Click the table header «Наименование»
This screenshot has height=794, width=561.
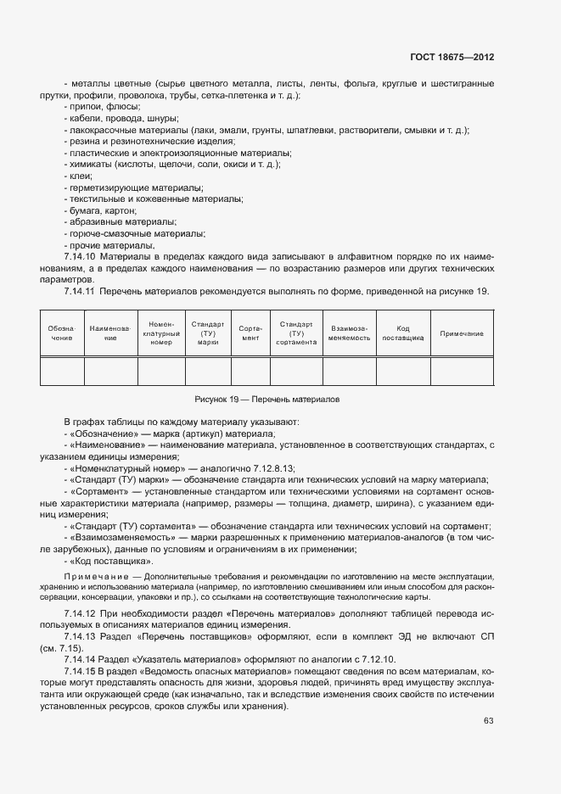pyautogui.click(x=110, y=333)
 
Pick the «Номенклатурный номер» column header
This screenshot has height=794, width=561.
pyautogui.click(x=161, y=333)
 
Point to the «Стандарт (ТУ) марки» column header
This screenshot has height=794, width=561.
pyautogui.click(x=208, y=333)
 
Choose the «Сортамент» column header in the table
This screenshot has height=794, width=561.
pyautogui.click(x=250, y=333)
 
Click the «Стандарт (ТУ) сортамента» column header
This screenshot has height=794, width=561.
pyautogui.click(x=296, y=333)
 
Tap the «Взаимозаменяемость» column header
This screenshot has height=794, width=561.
pyautogui.click(x=350, y=333)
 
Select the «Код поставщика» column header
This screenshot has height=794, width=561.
pyautogui.click(x=403, y=333)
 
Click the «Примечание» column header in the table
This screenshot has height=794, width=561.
pyautogui.click(x=462, y=333)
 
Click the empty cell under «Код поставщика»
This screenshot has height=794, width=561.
pyautogui.click(x=403, y=372)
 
